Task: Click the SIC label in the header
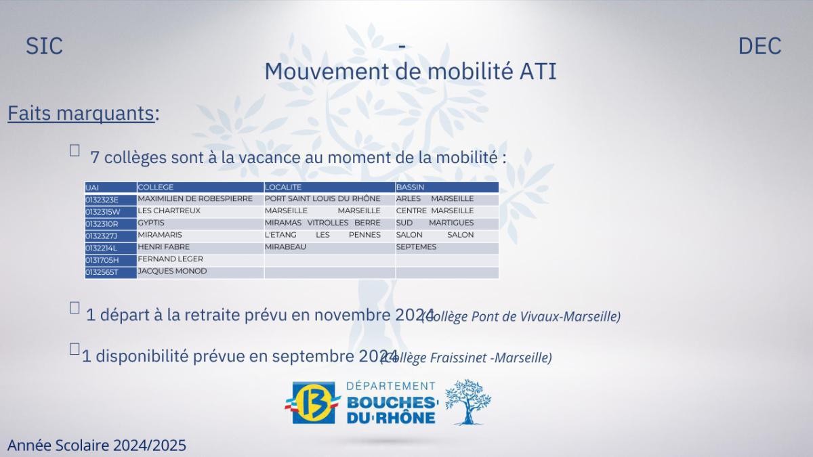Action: pyautogui.click(x=44, y=46)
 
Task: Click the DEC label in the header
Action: pyautogui.click(x=759, y=46)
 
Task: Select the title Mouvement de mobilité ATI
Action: pyautogui.click(x=410, y=71)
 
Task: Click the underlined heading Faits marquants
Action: pyautogui.click(x=81, y=114)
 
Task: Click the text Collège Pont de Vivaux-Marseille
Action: pyautogui.click(x=522, y=316)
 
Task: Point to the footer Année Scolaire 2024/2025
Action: pyautogui.click(x=97, y=445)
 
